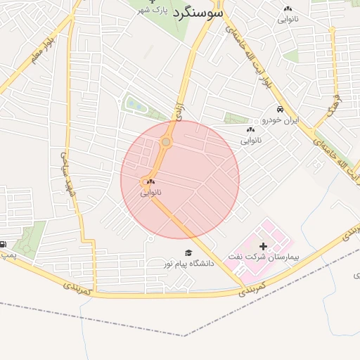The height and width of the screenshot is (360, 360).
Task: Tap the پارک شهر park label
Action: click(154, 11)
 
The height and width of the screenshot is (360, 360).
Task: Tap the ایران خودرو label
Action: click(281, 120)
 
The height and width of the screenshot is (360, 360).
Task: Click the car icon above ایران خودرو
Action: click(281, 110)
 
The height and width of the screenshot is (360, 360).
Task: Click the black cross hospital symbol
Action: click(264, 246)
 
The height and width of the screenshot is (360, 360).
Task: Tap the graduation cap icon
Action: click(188, 253)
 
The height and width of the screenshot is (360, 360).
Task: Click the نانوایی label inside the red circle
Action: click(150, 191)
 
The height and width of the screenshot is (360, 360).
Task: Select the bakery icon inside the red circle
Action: click(150, 181)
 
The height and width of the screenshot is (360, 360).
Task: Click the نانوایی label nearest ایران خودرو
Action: click(251, 141)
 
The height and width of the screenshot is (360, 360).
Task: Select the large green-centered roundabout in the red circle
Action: click(166, 143)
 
